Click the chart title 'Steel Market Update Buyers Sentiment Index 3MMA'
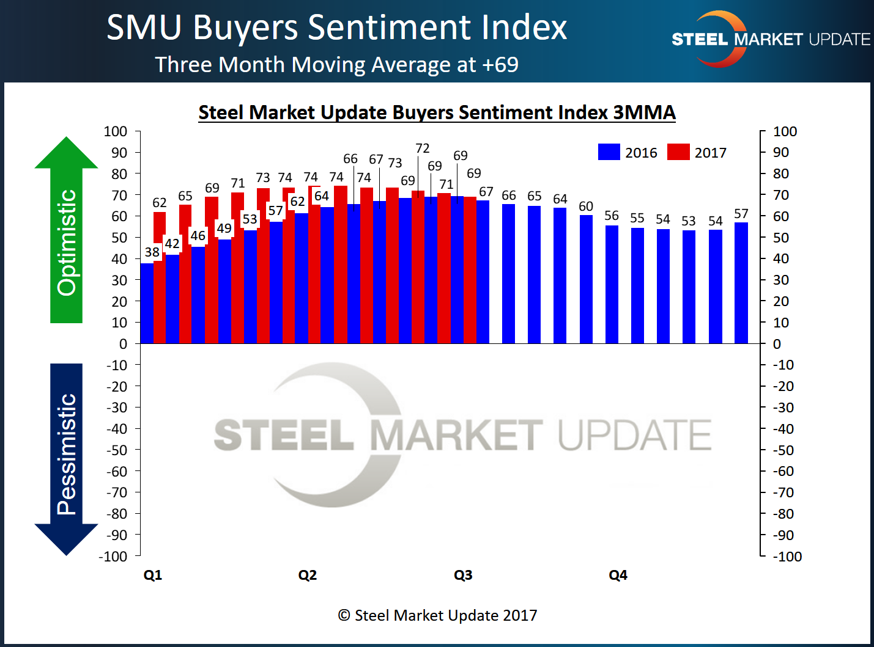click(x=437, y=112)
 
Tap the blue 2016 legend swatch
click(x=609, y=152)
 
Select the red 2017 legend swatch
click(x=678, y=152)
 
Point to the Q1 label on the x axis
click(x=153, y=575)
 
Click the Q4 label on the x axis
click(x=618, y=575)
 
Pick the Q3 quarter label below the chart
click(x=463, y=575)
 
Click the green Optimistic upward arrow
click(x=66, y=232)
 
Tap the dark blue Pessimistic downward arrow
click(x=66, y=458)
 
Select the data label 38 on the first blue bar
click(x=152, y=252)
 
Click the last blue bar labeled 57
click(x=741, y=284)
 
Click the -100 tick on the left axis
click(x=113, y=557)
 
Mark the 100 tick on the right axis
click(x=785, y=131)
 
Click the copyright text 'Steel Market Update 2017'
click(x=438, y=615)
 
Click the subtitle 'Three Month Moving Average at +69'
click(x=336, y=64)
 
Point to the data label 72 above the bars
click(x=423, y=148)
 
